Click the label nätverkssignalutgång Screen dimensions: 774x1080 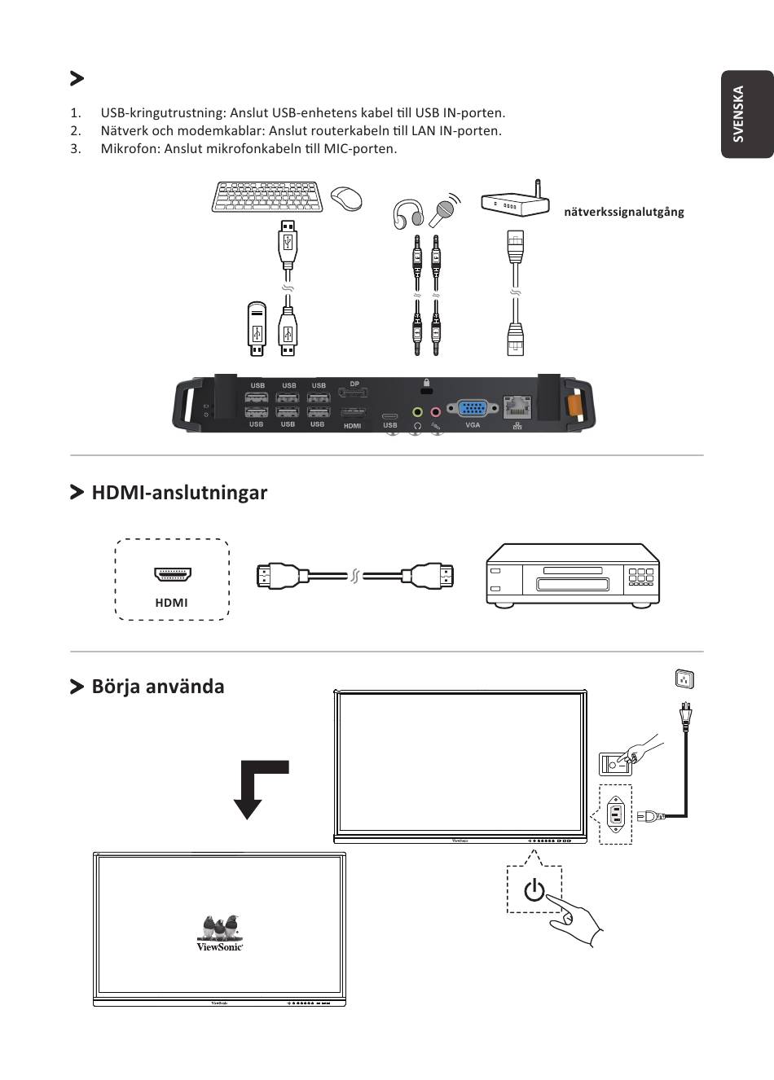click(x=623, y=212)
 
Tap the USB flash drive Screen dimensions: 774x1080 click(x=257, y=329)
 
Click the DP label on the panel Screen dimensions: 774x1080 click(x=354, y=384)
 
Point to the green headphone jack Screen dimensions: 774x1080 click(x=417, y=412)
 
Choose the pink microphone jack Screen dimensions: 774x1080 click(x=435, y=412)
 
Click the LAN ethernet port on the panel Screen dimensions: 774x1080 click(x=517, y=405)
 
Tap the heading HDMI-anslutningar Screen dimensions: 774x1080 click(x=179, y=492)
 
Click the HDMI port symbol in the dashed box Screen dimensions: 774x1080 click(x=172, y=574)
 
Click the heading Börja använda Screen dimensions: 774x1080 click(x=157, y=686)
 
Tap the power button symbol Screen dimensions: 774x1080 click(x=534, y=890)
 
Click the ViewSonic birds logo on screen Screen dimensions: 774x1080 click(x=221, y=932)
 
